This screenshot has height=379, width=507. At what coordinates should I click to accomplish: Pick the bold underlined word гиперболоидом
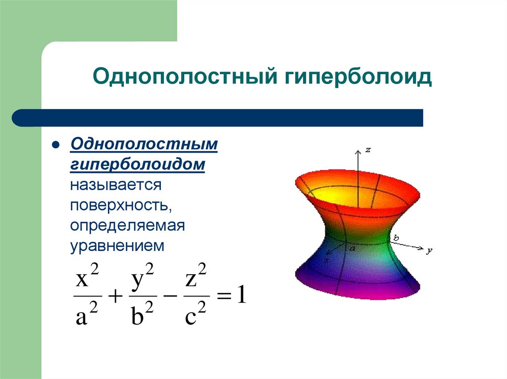click(x=138, y=165)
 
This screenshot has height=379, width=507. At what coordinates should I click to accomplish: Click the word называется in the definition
click(x=116, y=185)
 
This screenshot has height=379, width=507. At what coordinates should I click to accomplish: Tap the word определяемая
click(x=127, y=225)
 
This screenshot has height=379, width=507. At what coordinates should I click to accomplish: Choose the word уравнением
click(x=117, y=246)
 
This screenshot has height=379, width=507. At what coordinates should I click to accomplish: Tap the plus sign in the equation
click(x=115, y=297)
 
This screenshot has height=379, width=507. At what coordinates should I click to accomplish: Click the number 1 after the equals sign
click(x=241, y=296)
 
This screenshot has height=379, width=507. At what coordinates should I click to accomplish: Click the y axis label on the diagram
click(x=429, y=250)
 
